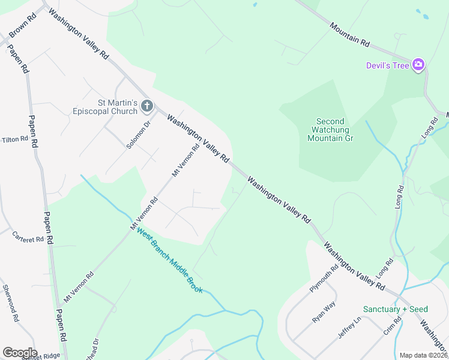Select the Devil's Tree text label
click(388, 65)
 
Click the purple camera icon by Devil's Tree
click(418, 65)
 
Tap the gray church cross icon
click(147, 107)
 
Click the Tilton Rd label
click(15, 139)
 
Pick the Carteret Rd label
click(28, 236)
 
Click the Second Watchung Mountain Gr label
click(330, 129)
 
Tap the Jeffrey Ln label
click(351, 330)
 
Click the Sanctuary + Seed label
click(395, 309)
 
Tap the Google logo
click(19, 353)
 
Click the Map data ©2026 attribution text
click(423, 355)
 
